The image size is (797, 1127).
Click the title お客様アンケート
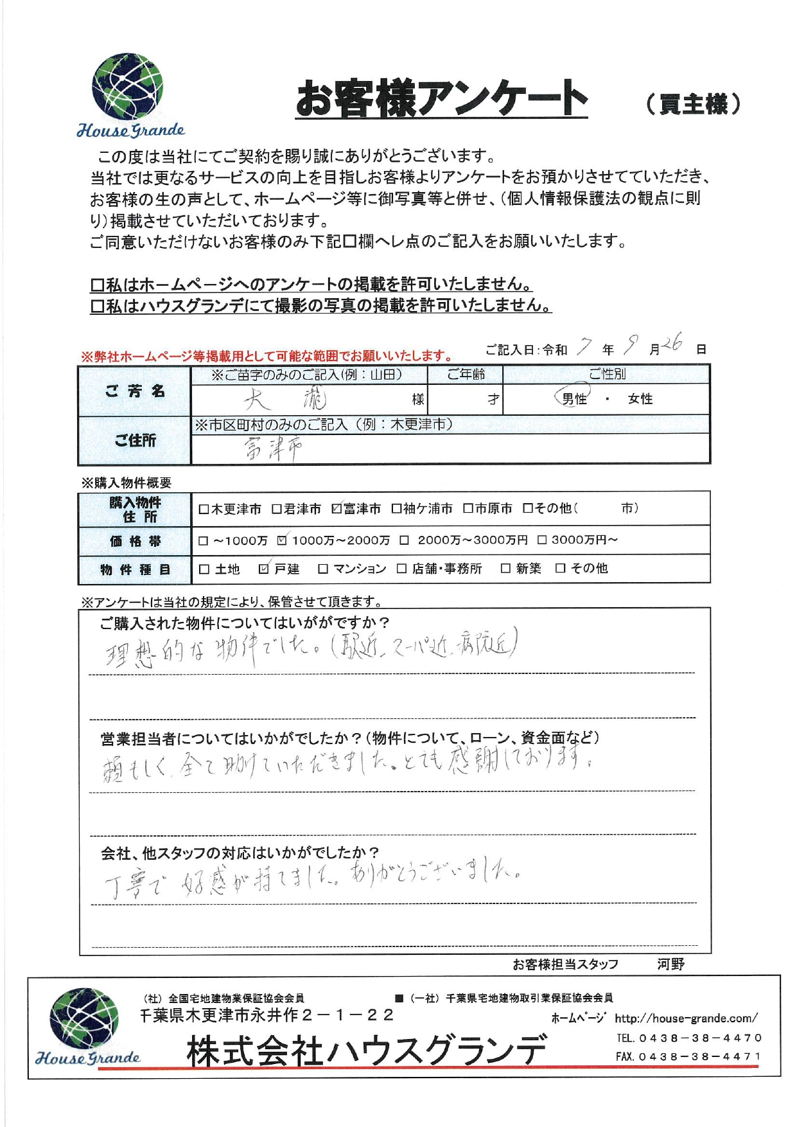coord(441,98)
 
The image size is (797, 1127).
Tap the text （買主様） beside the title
coord(693,103)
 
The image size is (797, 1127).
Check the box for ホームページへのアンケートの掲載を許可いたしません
coord(98,284)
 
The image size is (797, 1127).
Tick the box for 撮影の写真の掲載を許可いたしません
coord(98,306)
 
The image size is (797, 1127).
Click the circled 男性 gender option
coord(574,399)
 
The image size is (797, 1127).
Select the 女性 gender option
coord(640,399)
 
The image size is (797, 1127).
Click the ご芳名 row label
coord(135,391)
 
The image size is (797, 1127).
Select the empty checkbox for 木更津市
coord(204,510)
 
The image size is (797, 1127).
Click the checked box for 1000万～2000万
coord(282,540)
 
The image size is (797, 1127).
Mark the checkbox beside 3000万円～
coord(542,540)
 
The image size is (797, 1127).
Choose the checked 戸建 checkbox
coord(263,569)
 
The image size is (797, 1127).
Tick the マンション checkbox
coord(323,569)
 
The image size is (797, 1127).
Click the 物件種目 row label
coord(135,569)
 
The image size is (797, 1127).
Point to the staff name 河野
coord(670,964)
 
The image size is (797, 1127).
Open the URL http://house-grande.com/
coord(685,1018)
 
